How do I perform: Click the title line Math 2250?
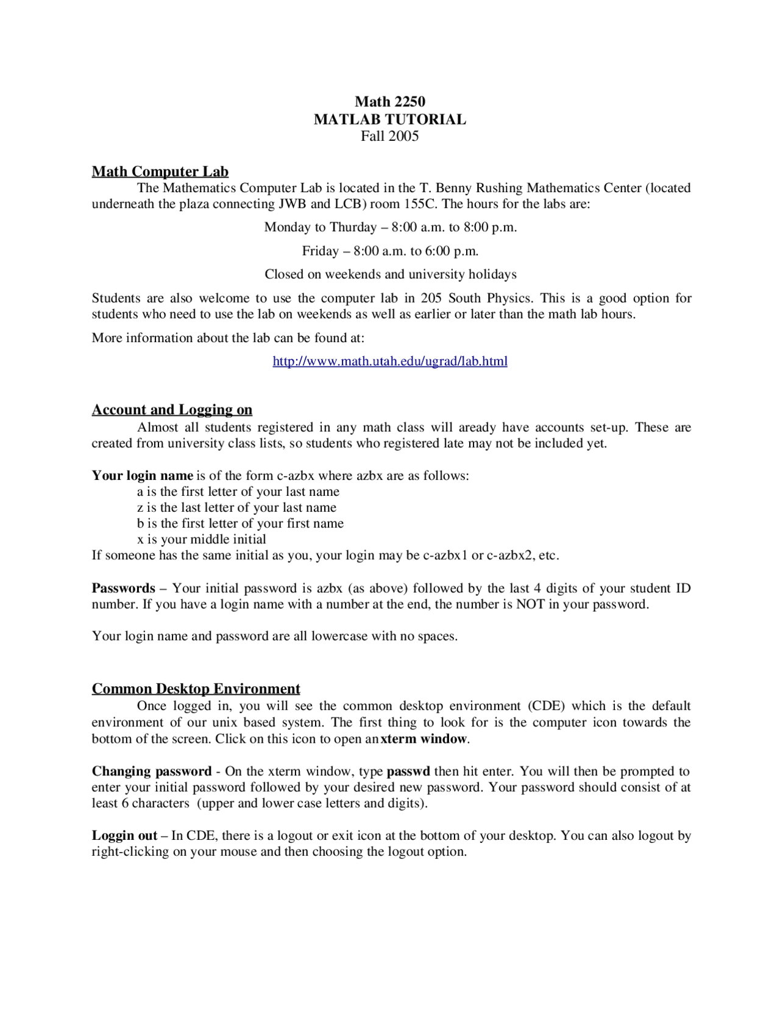click(390, 102)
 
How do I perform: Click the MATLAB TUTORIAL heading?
click(390, 120)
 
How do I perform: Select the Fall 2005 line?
click(390, 136)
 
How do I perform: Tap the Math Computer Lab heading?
click(160, 171)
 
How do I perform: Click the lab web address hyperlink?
click(390, 361)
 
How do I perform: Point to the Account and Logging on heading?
click(172, 410)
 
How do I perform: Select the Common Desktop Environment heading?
click(196, 689)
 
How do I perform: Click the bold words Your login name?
click(142, 476)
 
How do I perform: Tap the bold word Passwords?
click(124, 589)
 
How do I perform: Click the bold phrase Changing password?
click(152, 772)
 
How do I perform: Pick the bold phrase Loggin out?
click(124, 836)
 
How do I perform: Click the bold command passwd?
click(408, 772)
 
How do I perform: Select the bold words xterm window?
click(424, 739)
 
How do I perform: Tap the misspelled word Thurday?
click(353, 227)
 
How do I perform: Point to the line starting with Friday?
click(390, 251)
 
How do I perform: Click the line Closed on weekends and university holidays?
click(390, 274)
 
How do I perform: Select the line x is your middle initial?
click(202, 540)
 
